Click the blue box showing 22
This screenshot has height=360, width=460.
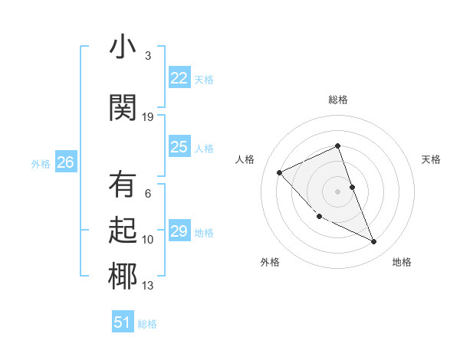[179, 77]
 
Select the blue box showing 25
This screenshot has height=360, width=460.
[179, 147]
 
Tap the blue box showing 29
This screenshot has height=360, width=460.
[179, 231]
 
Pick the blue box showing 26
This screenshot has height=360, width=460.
[65, 162]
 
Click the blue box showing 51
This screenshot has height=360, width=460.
[123, 322]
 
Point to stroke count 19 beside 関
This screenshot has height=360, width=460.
[148, 116]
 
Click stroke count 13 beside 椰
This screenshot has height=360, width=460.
[148, 286]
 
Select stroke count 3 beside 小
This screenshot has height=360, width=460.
[148, 56]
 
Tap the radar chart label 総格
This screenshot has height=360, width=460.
[338, 100]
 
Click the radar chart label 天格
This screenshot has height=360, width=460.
[431, 159]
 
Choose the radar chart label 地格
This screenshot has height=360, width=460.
[402, 262]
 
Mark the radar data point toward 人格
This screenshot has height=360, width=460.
[280, 172]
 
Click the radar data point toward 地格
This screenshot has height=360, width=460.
[374, 242]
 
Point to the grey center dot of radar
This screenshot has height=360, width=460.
[338, 191]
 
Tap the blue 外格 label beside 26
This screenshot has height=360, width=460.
[40, 163]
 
